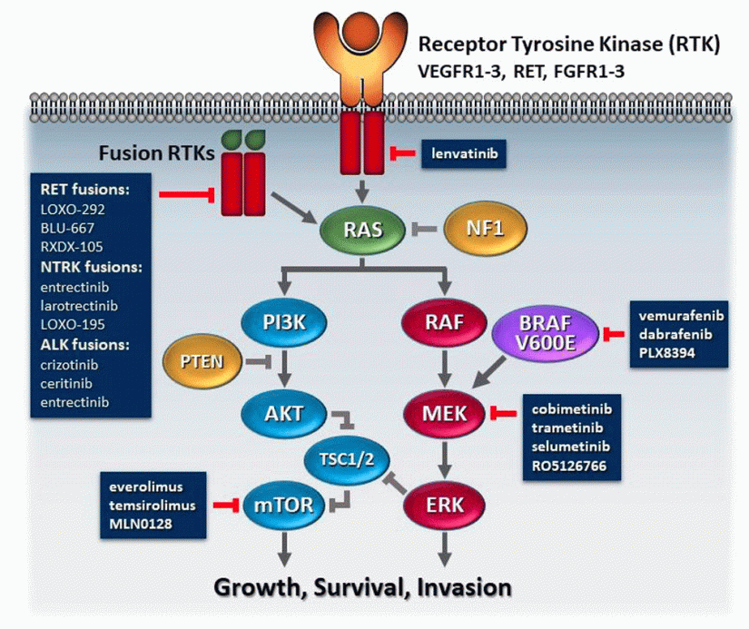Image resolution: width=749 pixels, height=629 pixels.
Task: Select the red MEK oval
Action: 443,415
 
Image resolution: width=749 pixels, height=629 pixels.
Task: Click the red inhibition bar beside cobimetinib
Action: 501,415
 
